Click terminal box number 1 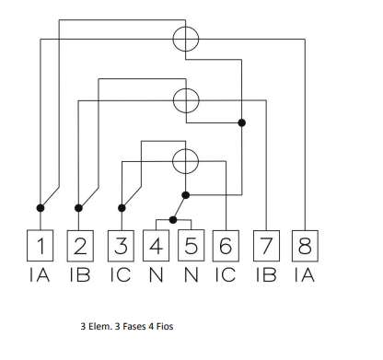coord(41,246)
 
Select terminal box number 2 coord(80,246)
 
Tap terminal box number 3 coord(121,246)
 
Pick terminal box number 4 coord(156,246)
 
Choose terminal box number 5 coord(191,246)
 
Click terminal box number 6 coord(226,246)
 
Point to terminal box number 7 coord(266,246)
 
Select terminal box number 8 coord(305,246)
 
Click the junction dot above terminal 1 coord(41,208)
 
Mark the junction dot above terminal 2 coord(78,208)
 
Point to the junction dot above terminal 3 coord(122,208)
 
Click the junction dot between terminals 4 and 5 coord(173,220)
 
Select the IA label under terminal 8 coord(305,274)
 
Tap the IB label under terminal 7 coord(266,274)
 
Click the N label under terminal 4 coord(156,274)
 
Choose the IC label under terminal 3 coord(121,274)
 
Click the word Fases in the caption coord(133,326)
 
